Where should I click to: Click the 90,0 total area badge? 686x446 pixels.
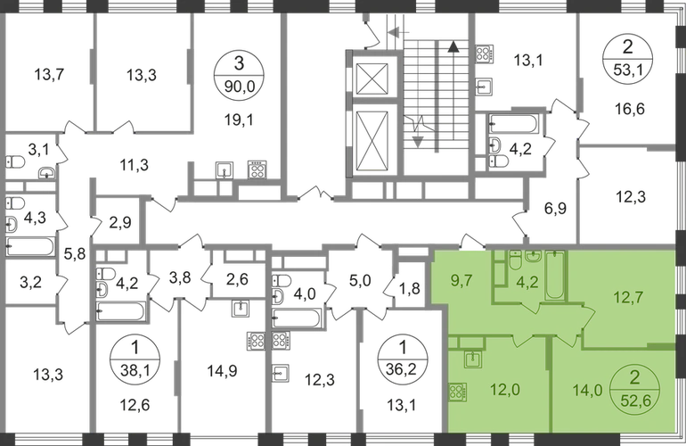(x=239, y=75)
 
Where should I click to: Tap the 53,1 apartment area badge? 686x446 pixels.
(x=628, y=59)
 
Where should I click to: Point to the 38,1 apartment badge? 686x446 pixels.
(x=135, y=360)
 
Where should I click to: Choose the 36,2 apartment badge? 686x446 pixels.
(x=403, y=359)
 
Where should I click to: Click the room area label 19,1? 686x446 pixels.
(x=239, y=120)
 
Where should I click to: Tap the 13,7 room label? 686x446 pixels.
(x=49, y=74)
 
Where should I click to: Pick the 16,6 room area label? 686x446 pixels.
(x=630, y=108)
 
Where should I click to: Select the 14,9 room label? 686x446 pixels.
(x=222, y=371)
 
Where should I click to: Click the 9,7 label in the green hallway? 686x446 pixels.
(x=461, y=280)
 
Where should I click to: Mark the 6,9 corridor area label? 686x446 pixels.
(x=556, y=209)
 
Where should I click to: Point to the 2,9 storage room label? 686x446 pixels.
(x=120, y=223)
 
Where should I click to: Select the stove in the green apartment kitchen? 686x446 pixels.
(x=458, y=392)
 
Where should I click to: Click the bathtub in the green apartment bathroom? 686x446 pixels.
(x=556, y=275)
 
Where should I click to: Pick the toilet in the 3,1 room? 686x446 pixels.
(x=15, y=162)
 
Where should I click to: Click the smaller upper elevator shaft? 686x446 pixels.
(x=372, y=79)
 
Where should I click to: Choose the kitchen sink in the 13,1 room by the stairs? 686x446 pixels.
(x=484, y=87)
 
